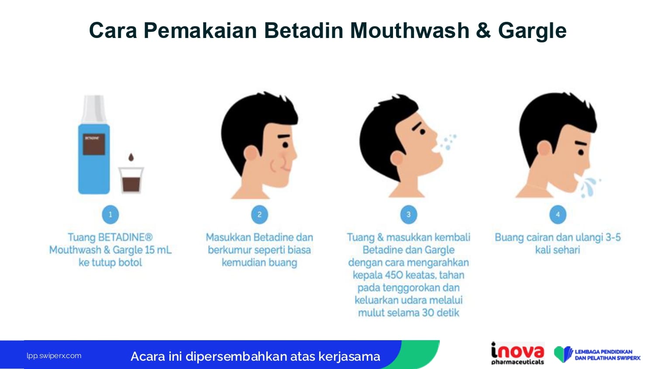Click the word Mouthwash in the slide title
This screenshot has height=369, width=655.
[x=410, y=31]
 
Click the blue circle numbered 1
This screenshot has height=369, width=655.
[x=110, y=214]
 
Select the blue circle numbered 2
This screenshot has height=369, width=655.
[x=259, y=214]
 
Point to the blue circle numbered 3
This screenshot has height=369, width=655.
[x=408, y=214]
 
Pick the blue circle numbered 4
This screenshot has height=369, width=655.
[x=558, y=214]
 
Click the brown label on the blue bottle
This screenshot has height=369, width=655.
[x=94, y=145]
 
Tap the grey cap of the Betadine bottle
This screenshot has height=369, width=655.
[x=93, y=109]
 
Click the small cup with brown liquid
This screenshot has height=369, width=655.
[x=131, y=180]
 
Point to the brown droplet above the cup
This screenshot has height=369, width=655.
[x=131, y=157]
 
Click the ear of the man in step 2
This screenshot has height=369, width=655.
[x=251, y=153]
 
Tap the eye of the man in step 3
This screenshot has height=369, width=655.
[x=422, y=132]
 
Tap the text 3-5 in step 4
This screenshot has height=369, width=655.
[x=613, y=238]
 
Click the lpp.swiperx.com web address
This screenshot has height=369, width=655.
[x=54, y=356]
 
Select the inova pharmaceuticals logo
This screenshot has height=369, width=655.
[x=517, y=353]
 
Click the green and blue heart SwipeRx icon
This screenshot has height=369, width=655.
[x=563, y=354]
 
